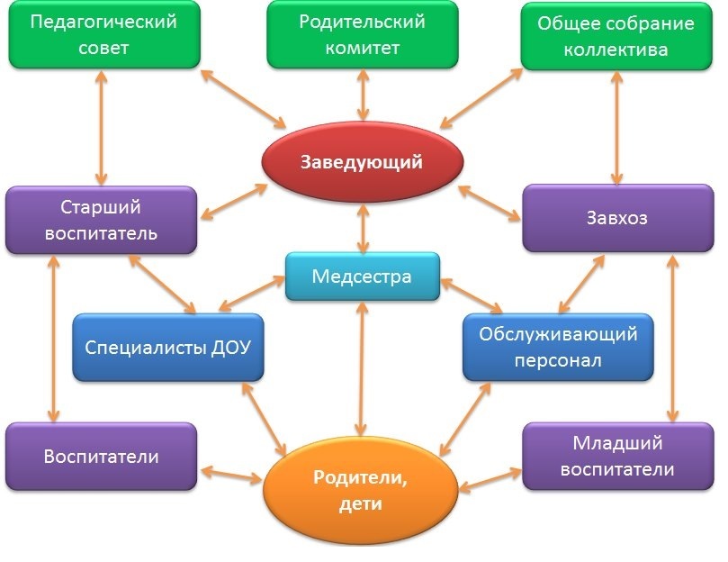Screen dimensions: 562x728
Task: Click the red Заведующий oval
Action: [362, 163]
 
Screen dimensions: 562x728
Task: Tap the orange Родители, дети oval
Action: [362, 491]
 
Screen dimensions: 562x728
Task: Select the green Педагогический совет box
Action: [104, 35]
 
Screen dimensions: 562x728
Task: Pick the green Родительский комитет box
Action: [362, 35]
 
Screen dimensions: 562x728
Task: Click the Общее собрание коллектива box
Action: [616, 36]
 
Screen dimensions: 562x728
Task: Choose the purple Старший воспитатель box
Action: [101, 220]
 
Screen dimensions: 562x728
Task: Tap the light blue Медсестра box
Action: [362, 276]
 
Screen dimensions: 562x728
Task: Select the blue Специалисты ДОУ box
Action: [167, 347]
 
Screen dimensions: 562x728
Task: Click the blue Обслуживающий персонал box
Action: [558, 348]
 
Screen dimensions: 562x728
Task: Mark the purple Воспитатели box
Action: [101, 457]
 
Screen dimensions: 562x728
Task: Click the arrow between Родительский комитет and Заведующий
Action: [362, 95]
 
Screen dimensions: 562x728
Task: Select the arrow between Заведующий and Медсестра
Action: [362, 229]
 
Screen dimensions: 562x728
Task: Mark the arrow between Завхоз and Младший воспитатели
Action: [670, 338]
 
